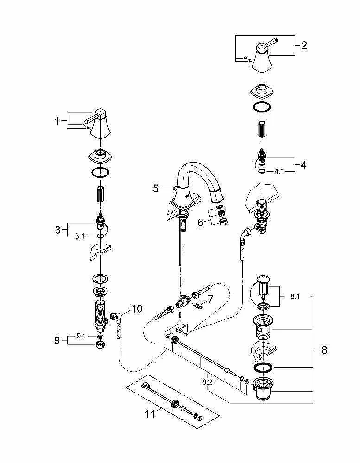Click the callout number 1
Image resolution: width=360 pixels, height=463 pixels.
click(57, 121)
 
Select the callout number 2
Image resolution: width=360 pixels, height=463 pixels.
click(304, 45)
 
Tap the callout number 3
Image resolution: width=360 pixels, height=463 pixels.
click(58, 230)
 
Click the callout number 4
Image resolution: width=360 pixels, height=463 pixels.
click(303, 164)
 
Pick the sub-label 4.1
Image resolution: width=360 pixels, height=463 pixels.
click(279, 171)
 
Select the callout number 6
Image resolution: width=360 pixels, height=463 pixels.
click(200, 222)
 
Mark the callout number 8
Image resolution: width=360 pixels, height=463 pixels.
click(324, 350)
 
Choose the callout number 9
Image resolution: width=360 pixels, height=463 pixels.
click(57, 341)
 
